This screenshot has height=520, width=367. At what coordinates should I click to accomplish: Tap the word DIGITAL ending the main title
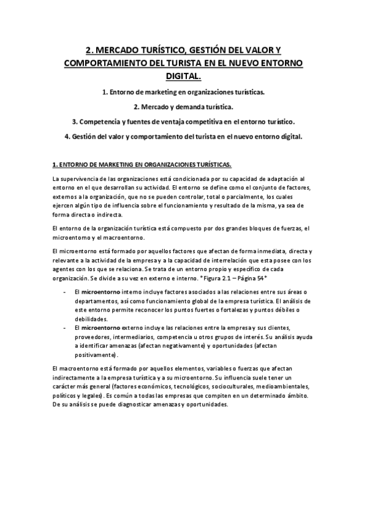pos(183,75)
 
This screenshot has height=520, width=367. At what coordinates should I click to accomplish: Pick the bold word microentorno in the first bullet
pos(102,291)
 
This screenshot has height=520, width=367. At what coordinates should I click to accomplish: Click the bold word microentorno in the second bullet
pos(102,327)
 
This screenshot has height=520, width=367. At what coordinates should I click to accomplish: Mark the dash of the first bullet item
pos(65,291)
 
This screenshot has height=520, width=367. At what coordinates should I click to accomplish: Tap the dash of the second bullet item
pos(65,327)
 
